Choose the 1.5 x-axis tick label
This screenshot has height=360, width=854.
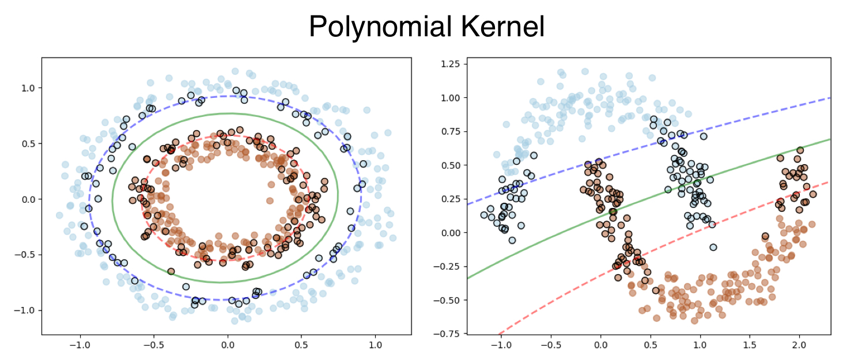point(749,345)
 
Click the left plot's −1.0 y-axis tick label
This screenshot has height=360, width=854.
point(25,310)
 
